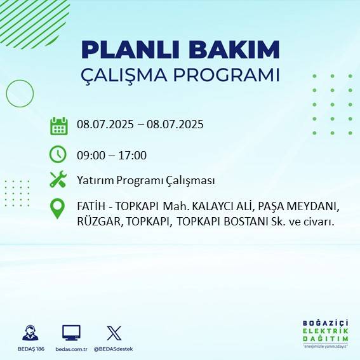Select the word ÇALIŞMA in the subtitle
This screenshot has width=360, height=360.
point(130,74)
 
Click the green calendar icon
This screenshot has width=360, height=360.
point(58,126)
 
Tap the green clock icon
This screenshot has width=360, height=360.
point(58,154)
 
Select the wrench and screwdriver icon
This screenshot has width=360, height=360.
point(58,180)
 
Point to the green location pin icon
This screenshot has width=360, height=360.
point(58,209)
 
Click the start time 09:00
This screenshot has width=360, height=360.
point(90,155)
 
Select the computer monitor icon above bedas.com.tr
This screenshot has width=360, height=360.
point(70,332)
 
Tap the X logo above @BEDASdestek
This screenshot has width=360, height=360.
point(114,333)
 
